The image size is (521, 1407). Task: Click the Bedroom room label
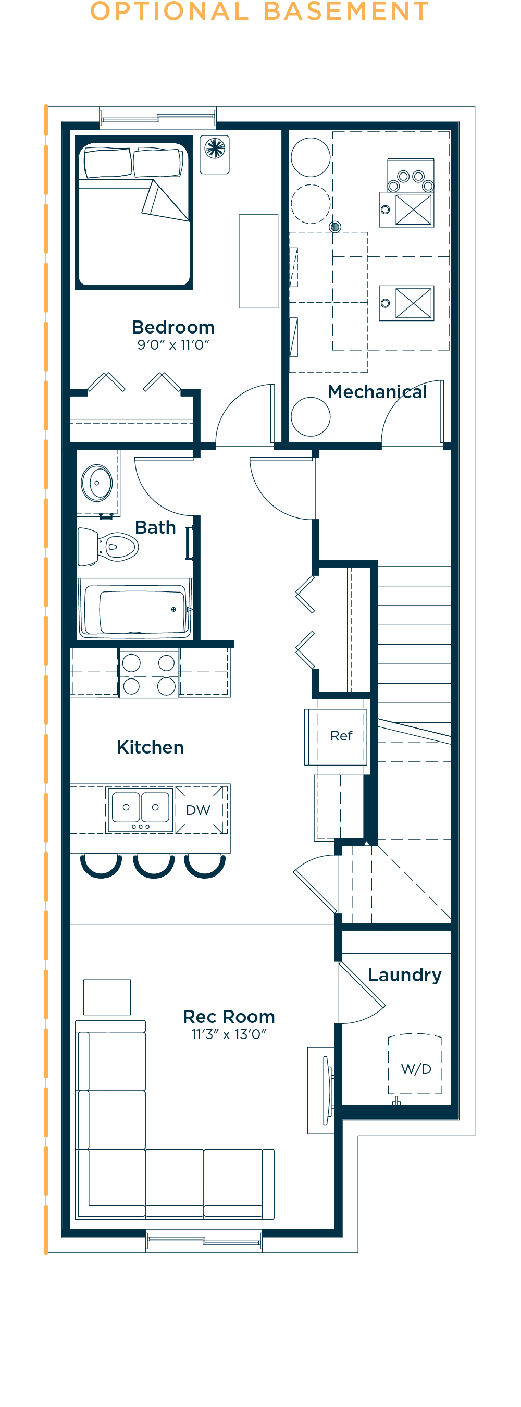173,327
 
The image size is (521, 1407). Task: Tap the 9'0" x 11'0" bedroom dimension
173,344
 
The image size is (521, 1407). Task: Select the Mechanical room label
377,392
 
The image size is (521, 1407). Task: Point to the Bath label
156,527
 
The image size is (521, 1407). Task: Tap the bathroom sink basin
97,483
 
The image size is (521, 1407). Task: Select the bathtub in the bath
135,609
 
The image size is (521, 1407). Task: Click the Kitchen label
150,747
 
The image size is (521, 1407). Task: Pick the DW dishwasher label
197,810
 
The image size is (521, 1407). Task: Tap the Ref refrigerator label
341,736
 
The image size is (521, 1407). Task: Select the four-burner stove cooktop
148,673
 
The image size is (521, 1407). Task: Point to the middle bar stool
154,865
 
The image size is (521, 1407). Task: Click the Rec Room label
229,1017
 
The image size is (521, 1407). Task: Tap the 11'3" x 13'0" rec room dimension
229,1034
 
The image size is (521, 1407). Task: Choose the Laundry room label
405,976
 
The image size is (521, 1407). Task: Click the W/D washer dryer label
416,1069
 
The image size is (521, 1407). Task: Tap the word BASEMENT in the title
346,11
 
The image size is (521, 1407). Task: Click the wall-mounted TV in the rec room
327,1090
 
